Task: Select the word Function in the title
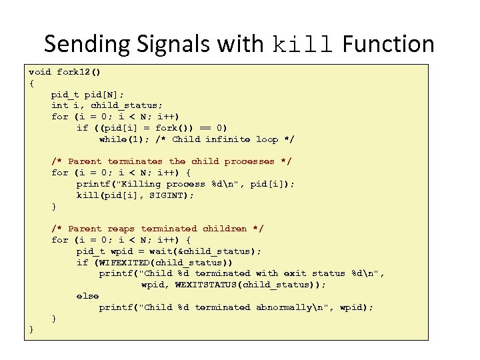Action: [388, 45]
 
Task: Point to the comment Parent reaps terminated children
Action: [157, 229]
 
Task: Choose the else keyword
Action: [87, 296]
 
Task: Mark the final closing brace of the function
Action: [31, 330]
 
